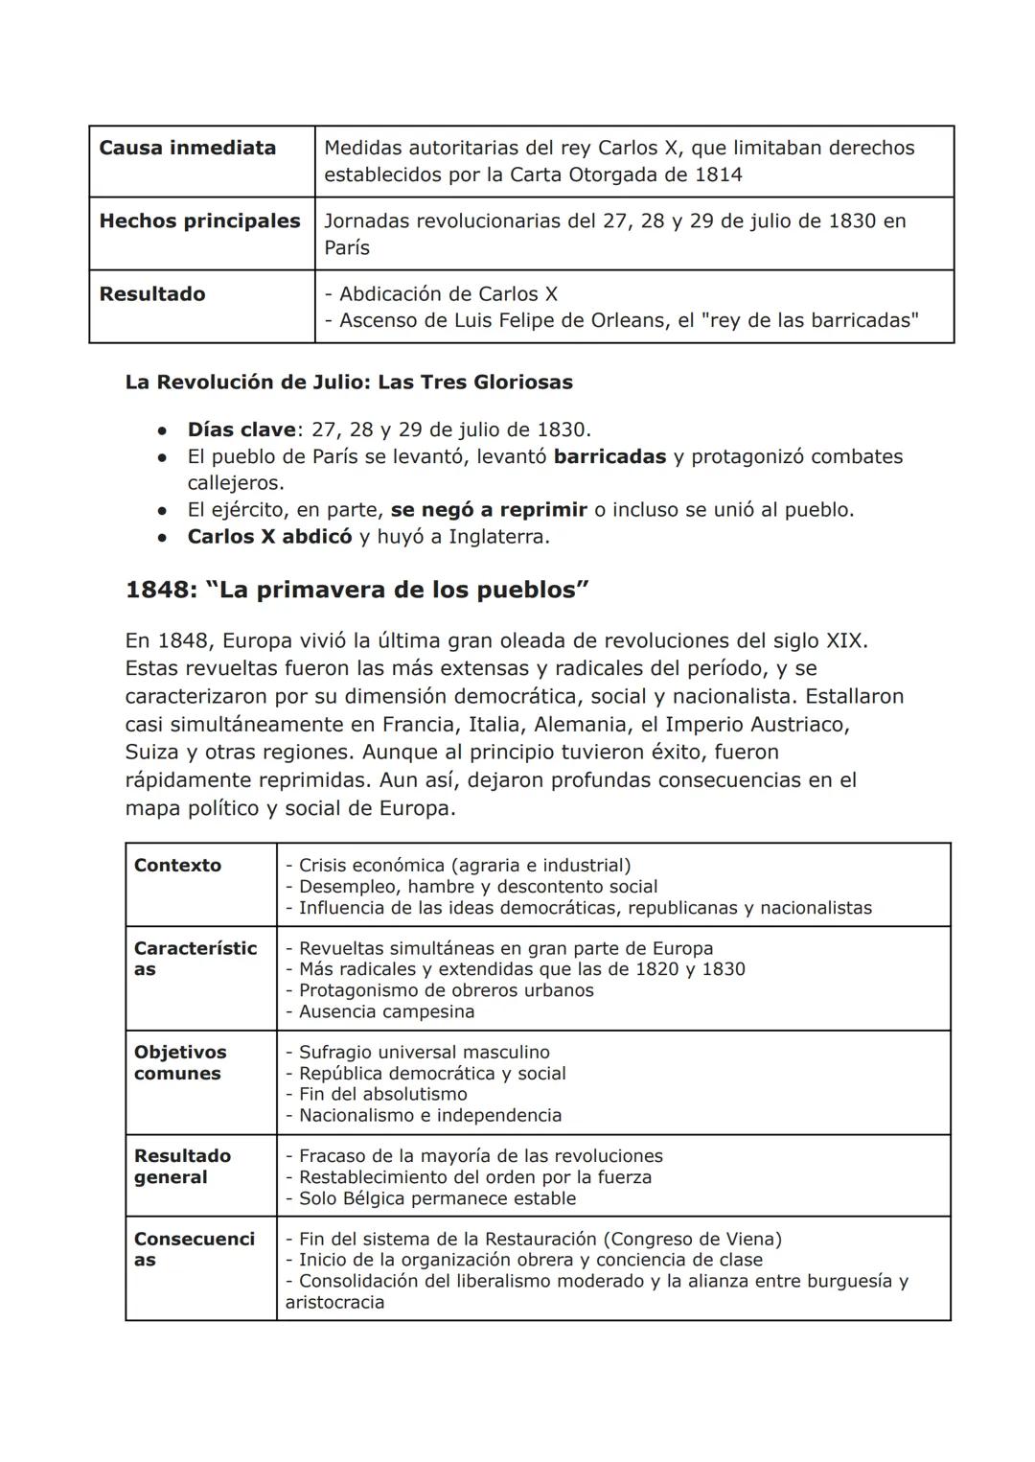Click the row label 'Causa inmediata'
(187, 148)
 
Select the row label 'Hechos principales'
(199, 220)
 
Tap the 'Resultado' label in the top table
(151, 293)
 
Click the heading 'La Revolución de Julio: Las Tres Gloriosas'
(349, 382)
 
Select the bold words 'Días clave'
(241, 429)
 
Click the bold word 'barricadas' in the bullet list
(609, 455)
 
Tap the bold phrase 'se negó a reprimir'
(489, 509)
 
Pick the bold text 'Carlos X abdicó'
(269, 536)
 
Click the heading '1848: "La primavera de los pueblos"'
(356, 589)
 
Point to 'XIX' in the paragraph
(844, 639)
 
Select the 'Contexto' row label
(177, 865)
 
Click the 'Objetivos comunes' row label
(180, 1062)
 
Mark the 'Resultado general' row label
(182, 1166)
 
